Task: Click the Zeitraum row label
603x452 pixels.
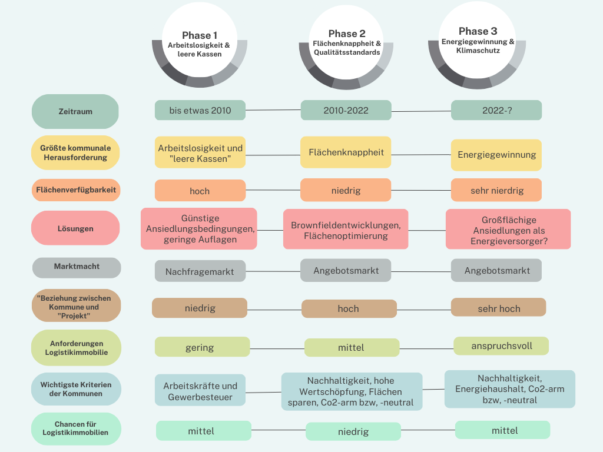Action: pos(75,111)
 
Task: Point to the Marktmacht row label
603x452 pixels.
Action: pos(77,267)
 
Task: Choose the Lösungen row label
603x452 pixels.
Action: pos(75,228)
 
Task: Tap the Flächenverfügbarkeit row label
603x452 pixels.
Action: pos(76,190)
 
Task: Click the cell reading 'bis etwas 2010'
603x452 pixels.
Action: pos(200,111)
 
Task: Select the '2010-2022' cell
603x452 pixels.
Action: pos(346,110)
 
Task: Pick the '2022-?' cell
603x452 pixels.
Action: pos(496,110)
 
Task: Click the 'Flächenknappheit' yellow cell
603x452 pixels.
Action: pos(346,152)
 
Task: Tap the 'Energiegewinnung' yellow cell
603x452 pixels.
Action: pos(496,155)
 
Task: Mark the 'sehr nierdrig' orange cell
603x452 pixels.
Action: pos(496,191)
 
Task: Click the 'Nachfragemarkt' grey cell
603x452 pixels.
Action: pos(200,272)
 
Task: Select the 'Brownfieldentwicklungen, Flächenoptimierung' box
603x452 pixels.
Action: pos(346,230)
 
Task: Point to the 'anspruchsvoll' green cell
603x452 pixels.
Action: pos(501,346)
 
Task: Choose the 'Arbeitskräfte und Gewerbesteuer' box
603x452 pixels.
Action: pos(200,391)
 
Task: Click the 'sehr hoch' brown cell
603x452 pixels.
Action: pos(499,308)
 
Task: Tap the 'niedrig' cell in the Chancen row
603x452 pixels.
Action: pos(353,431)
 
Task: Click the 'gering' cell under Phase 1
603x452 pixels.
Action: pos(200,347)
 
